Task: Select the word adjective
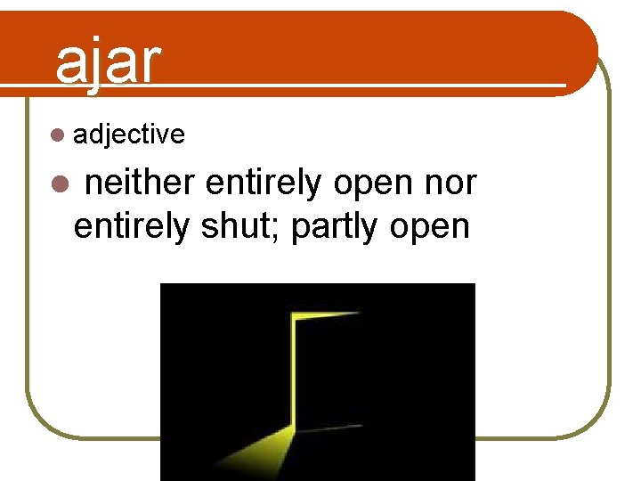coord(129,135)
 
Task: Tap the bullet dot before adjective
coord(58,135)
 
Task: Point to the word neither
coord(140,183)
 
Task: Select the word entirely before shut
coord(131,226)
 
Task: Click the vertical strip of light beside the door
coord(292,374)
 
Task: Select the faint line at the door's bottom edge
coord(329,428)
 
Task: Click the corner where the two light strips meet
coord(292,315)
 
